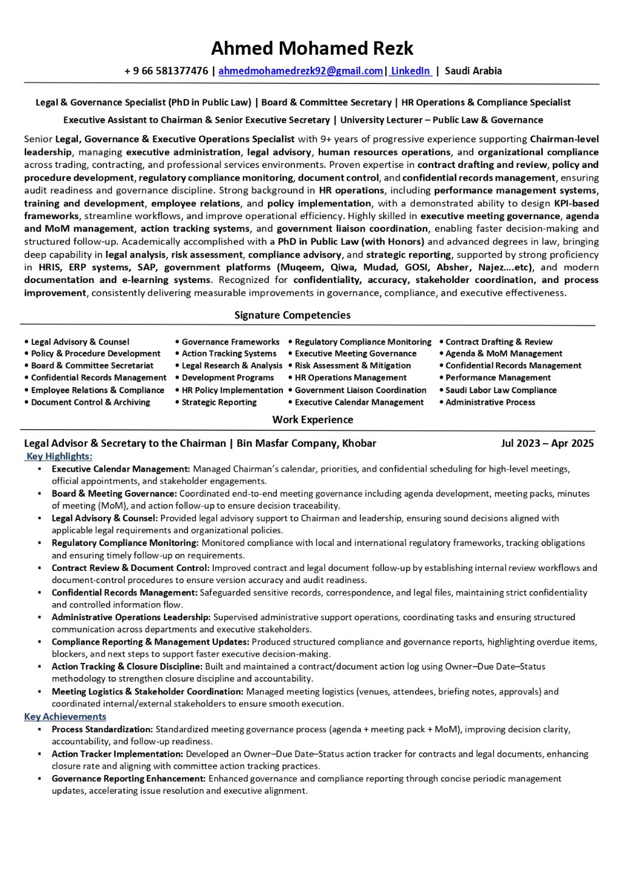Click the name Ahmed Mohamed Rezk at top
tap(311, 48)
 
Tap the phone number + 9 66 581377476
tap(166, 71)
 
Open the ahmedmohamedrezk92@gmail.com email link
tap(301, 71)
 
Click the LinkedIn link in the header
tap(411, 71)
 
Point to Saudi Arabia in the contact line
tap(473, 71)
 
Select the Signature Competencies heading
tap(292, 315)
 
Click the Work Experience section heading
tap(313, 419)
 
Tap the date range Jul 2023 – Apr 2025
tap(547, 443)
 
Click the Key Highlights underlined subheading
tap(59, 456)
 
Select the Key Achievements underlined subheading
tap(65, 716)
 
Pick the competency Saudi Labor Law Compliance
tap(501, 390)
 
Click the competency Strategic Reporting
tap(219, 402)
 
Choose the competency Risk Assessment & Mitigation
tap(353, 366)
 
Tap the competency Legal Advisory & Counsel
tap(80, 342)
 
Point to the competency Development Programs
tap(228, 378)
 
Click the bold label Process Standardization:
tap(102, 729)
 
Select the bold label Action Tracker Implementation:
tap(117, 754)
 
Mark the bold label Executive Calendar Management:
tap(121, 469)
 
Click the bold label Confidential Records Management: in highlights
tap(125, 593)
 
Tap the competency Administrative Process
tap(490, 402)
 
